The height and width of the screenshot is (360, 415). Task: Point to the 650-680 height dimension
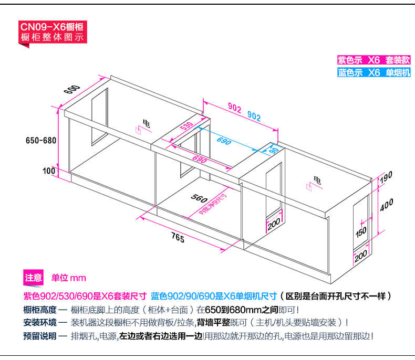click(40, 140)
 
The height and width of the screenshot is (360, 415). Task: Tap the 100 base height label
click(49, 171)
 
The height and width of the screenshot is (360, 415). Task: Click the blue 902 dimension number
click(254, 117)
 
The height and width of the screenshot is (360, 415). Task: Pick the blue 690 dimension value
click(224, 142)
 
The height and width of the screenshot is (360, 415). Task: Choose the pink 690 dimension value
click(199, 159)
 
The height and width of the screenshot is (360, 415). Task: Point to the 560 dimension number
click(198, 199)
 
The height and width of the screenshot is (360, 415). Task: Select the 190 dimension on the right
click(386, 177)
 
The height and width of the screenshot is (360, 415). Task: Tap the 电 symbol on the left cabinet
click(146, 123)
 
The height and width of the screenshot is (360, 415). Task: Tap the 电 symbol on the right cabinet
click(317, 180)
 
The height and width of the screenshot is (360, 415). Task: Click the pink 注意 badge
click(34, 278)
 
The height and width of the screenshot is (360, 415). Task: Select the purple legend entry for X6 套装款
click(373, 60)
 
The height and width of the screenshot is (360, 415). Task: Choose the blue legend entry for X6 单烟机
click(373, 73)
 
